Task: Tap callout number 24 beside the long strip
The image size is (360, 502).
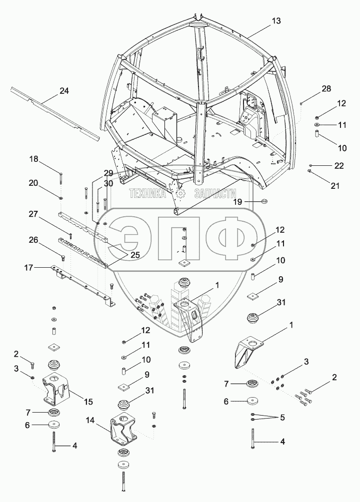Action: (64, 91)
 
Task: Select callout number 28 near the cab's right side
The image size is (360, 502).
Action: (326, 88)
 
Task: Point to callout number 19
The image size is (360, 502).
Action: (238, 202)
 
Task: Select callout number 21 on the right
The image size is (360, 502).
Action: (334, 186)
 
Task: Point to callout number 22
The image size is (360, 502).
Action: (339, 165)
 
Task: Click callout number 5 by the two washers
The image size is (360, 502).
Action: (282, 417)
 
